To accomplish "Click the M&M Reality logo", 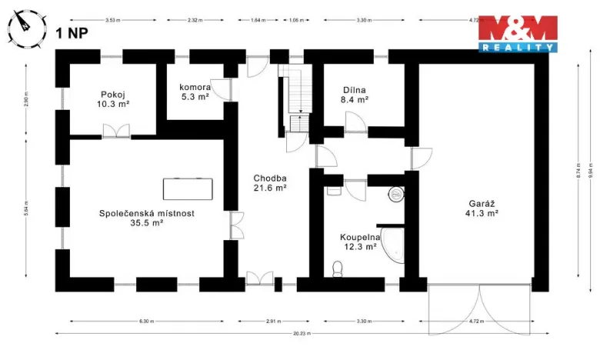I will click(x=517, y=32).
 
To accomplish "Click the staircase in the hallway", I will click(x=295, y=96).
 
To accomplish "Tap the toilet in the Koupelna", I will click(x=336, y=268).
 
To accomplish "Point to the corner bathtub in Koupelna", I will click(x=394, y=245).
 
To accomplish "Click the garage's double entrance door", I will click(x=479, y=308).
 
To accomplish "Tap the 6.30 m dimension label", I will click(x=146, y=320).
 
